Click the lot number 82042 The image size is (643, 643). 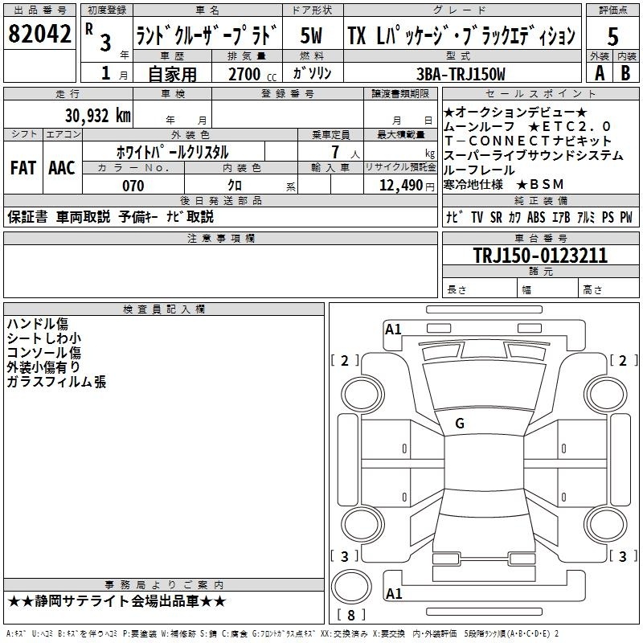click(39, 34)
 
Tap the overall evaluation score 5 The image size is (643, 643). click(612, 36)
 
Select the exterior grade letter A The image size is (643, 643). click(600, 73)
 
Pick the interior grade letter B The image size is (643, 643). click(626, 73)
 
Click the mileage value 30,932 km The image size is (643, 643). click(98, 115)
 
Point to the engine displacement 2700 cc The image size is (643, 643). click(252, 74)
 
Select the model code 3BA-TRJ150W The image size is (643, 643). click(461, 74)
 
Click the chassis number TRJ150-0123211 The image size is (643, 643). click(540, 255)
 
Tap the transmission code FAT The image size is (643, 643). click(23, 168)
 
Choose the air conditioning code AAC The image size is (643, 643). click(62, 168)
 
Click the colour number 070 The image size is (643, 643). click(133, 186)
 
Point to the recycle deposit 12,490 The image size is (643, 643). click(400, 186)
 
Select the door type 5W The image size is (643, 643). click(311, 35)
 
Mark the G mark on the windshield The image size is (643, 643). click(460, 424)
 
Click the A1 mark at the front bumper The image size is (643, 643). click(393, 330)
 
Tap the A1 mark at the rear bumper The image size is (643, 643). click(394, 593)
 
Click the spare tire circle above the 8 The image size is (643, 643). click(351, 587)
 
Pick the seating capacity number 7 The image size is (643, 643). click(335, 152)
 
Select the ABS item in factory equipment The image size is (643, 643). click(536, 217)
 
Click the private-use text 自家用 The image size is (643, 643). click(172, 74)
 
